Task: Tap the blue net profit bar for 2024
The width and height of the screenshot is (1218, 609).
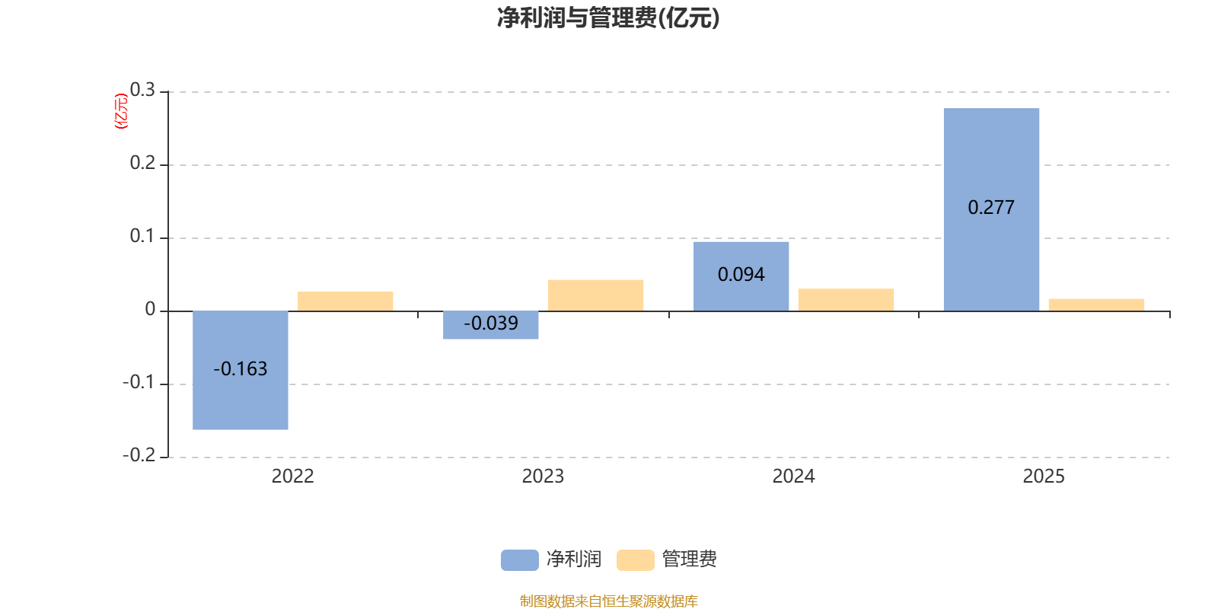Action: coord(741,255)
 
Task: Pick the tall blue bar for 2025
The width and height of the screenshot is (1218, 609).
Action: coord(991,160)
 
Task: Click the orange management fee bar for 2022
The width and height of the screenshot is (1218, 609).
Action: coord(346,301)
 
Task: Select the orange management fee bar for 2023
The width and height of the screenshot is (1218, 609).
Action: coord(595,295)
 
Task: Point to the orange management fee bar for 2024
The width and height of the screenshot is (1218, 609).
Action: coord(846,300)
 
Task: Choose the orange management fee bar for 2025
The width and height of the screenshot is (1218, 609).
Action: coord(1096,304)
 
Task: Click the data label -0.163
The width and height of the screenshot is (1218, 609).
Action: coord(241,369)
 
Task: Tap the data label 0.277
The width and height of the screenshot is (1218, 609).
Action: coord(991,208)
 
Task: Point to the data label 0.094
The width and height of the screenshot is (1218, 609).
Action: coord(741,275)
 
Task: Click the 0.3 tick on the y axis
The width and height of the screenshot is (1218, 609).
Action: coord(142,91)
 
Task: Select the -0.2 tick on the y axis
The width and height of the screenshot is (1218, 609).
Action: coord(139,455)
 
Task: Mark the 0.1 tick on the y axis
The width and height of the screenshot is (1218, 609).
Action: coord(142,237)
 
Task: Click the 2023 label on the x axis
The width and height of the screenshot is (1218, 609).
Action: coord(543,477)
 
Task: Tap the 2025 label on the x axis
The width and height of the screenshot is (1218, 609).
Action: coord(1044,477)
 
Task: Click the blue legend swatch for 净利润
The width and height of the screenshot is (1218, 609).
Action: coord(519,560)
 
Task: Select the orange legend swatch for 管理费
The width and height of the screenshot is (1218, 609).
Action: coord(635,560)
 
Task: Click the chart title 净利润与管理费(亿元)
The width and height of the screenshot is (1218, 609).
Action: coord(608,18)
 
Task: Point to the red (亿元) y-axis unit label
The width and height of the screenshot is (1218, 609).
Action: coord(121,111)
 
